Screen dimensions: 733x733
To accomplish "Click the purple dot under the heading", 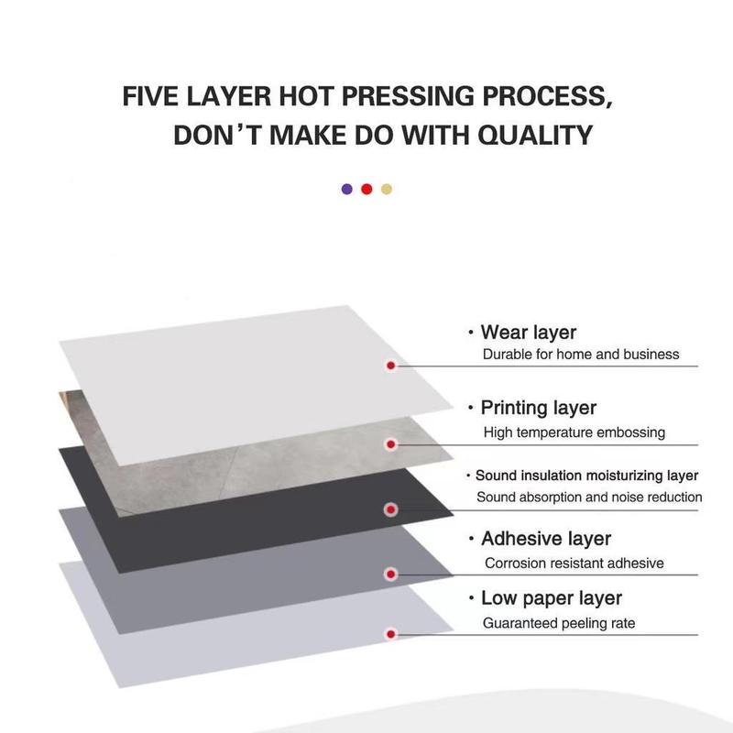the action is click(347, 189).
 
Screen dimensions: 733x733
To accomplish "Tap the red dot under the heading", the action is click(367, 189).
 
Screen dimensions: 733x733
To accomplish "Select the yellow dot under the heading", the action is click(387, 189).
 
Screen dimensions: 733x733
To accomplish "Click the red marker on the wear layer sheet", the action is click(391, 366).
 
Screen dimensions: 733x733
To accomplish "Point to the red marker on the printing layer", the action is click(391, 444).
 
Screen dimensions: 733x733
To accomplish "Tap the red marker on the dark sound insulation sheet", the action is click(391, 509).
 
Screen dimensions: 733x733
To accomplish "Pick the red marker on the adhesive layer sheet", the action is click(391, 574).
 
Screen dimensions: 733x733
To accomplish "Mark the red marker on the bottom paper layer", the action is click(391, 634).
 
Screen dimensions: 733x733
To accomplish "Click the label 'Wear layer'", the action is click(529, 333).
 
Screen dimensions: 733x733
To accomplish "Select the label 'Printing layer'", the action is click(539, 408).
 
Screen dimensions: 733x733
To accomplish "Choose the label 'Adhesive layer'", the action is click(546, 539).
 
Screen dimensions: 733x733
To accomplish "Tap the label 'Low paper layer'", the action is click(552, 598).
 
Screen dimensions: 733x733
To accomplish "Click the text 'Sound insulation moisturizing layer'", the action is click(586, 476).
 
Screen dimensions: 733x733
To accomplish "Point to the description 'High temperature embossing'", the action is click(574, 432).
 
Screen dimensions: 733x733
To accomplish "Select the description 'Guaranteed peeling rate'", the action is click(559, 623).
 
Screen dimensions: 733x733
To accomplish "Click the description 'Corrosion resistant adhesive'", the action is click(574, 563).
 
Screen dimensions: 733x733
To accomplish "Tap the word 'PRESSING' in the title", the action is click(408, 96).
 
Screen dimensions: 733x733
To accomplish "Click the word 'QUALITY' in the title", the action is click(535, 135).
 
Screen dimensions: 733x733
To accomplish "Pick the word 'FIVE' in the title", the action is click(150, 96).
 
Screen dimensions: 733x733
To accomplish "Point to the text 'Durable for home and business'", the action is click(581, 355).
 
